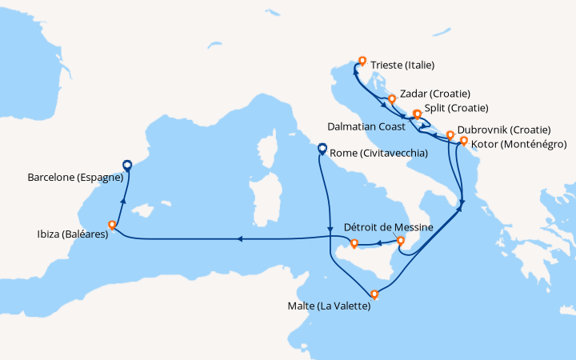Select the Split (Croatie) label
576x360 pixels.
(456, 108)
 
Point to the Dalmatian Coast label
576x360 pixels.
(366, 126)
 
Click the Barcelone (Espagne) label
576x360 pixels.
(73, 179)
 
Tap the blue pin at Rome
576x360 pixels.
(322, 148)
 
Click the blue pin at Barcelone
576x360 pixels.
(126, 166)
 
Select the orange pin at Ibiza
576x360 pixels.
(112, 225)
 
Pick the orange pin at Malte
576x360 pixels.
(374, 294)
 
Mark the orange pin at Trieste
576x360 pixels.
(362, 60)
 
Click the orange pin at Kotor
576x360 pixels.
(463, 142)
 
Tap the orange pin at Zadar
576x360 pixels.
(392, 99)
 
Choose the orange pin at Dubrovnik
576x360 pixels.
(450, 134)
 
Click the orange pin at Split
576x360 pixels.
(417, 114)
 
